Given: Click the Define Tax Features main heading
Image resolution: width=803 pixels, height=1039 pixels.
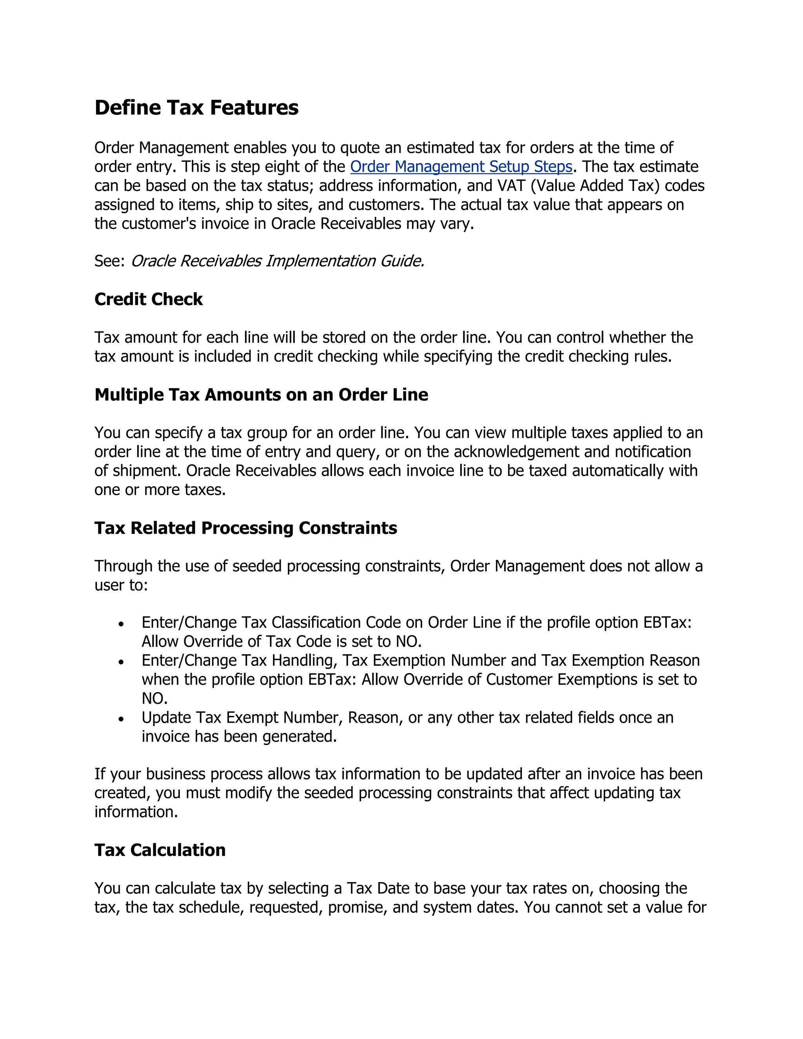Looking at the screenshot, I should pyautogui.click(x=196, y=107).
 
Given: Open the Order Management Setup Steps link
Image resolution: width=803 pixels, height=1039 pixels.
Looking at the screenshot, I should pyautogui.click(x=461, y=167).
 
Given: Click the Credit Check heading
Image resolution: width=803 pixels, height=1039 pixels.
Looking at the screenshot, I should pyautogui.click(x=149, y=299).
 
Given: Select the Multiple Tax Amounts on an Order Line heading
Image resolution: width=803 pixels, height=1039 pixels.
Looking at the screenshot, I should pyautogui.click(x=261, y=395).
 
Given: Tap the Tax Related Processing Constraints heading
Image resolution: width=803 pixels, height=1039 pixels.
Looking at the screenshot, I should pyautogui.click(x=245, y=528).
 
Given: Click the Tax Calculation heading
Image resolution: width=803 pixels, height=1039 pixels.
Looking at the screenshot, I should pyautogui.click(x=160, y=850).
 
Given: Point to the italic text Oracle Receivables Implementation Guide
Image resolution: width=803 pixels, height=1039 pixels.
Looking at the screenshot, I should pyautogui.click(x=277, y=261).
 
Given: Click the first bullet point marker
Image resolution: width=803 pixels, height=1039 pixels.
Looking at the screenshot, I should pyautogui.click(x=121, y=624).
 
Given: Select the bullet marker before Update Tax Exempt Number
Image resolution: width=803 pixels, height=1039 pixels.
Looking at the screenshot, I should pyautogui.click(x=121, y=719).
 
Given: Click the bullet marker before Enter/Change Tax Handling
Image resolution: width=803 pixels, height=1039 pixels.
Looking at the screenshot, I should pyautogui.click(x=121, y=662).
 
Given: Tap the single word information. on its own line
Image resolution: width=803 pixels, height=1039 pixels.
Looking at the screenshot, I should pyautogui.click(x=136, y=812).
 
